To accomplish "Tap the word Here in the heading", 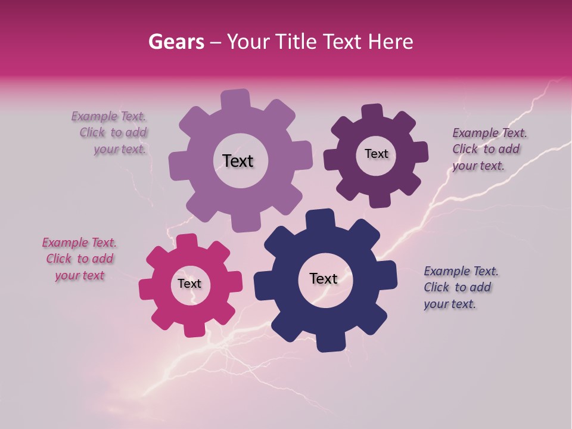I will pos(391,42).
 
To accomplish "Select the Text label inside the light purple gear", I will pos(238,161).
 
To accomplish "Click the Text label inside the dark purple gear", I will pos(376,154).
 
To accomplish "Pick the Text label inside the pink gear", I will pos(189,284).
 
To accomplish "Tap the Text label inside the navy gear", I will pos(324,278).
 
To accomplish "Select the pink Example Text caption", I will pos(79,259).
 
